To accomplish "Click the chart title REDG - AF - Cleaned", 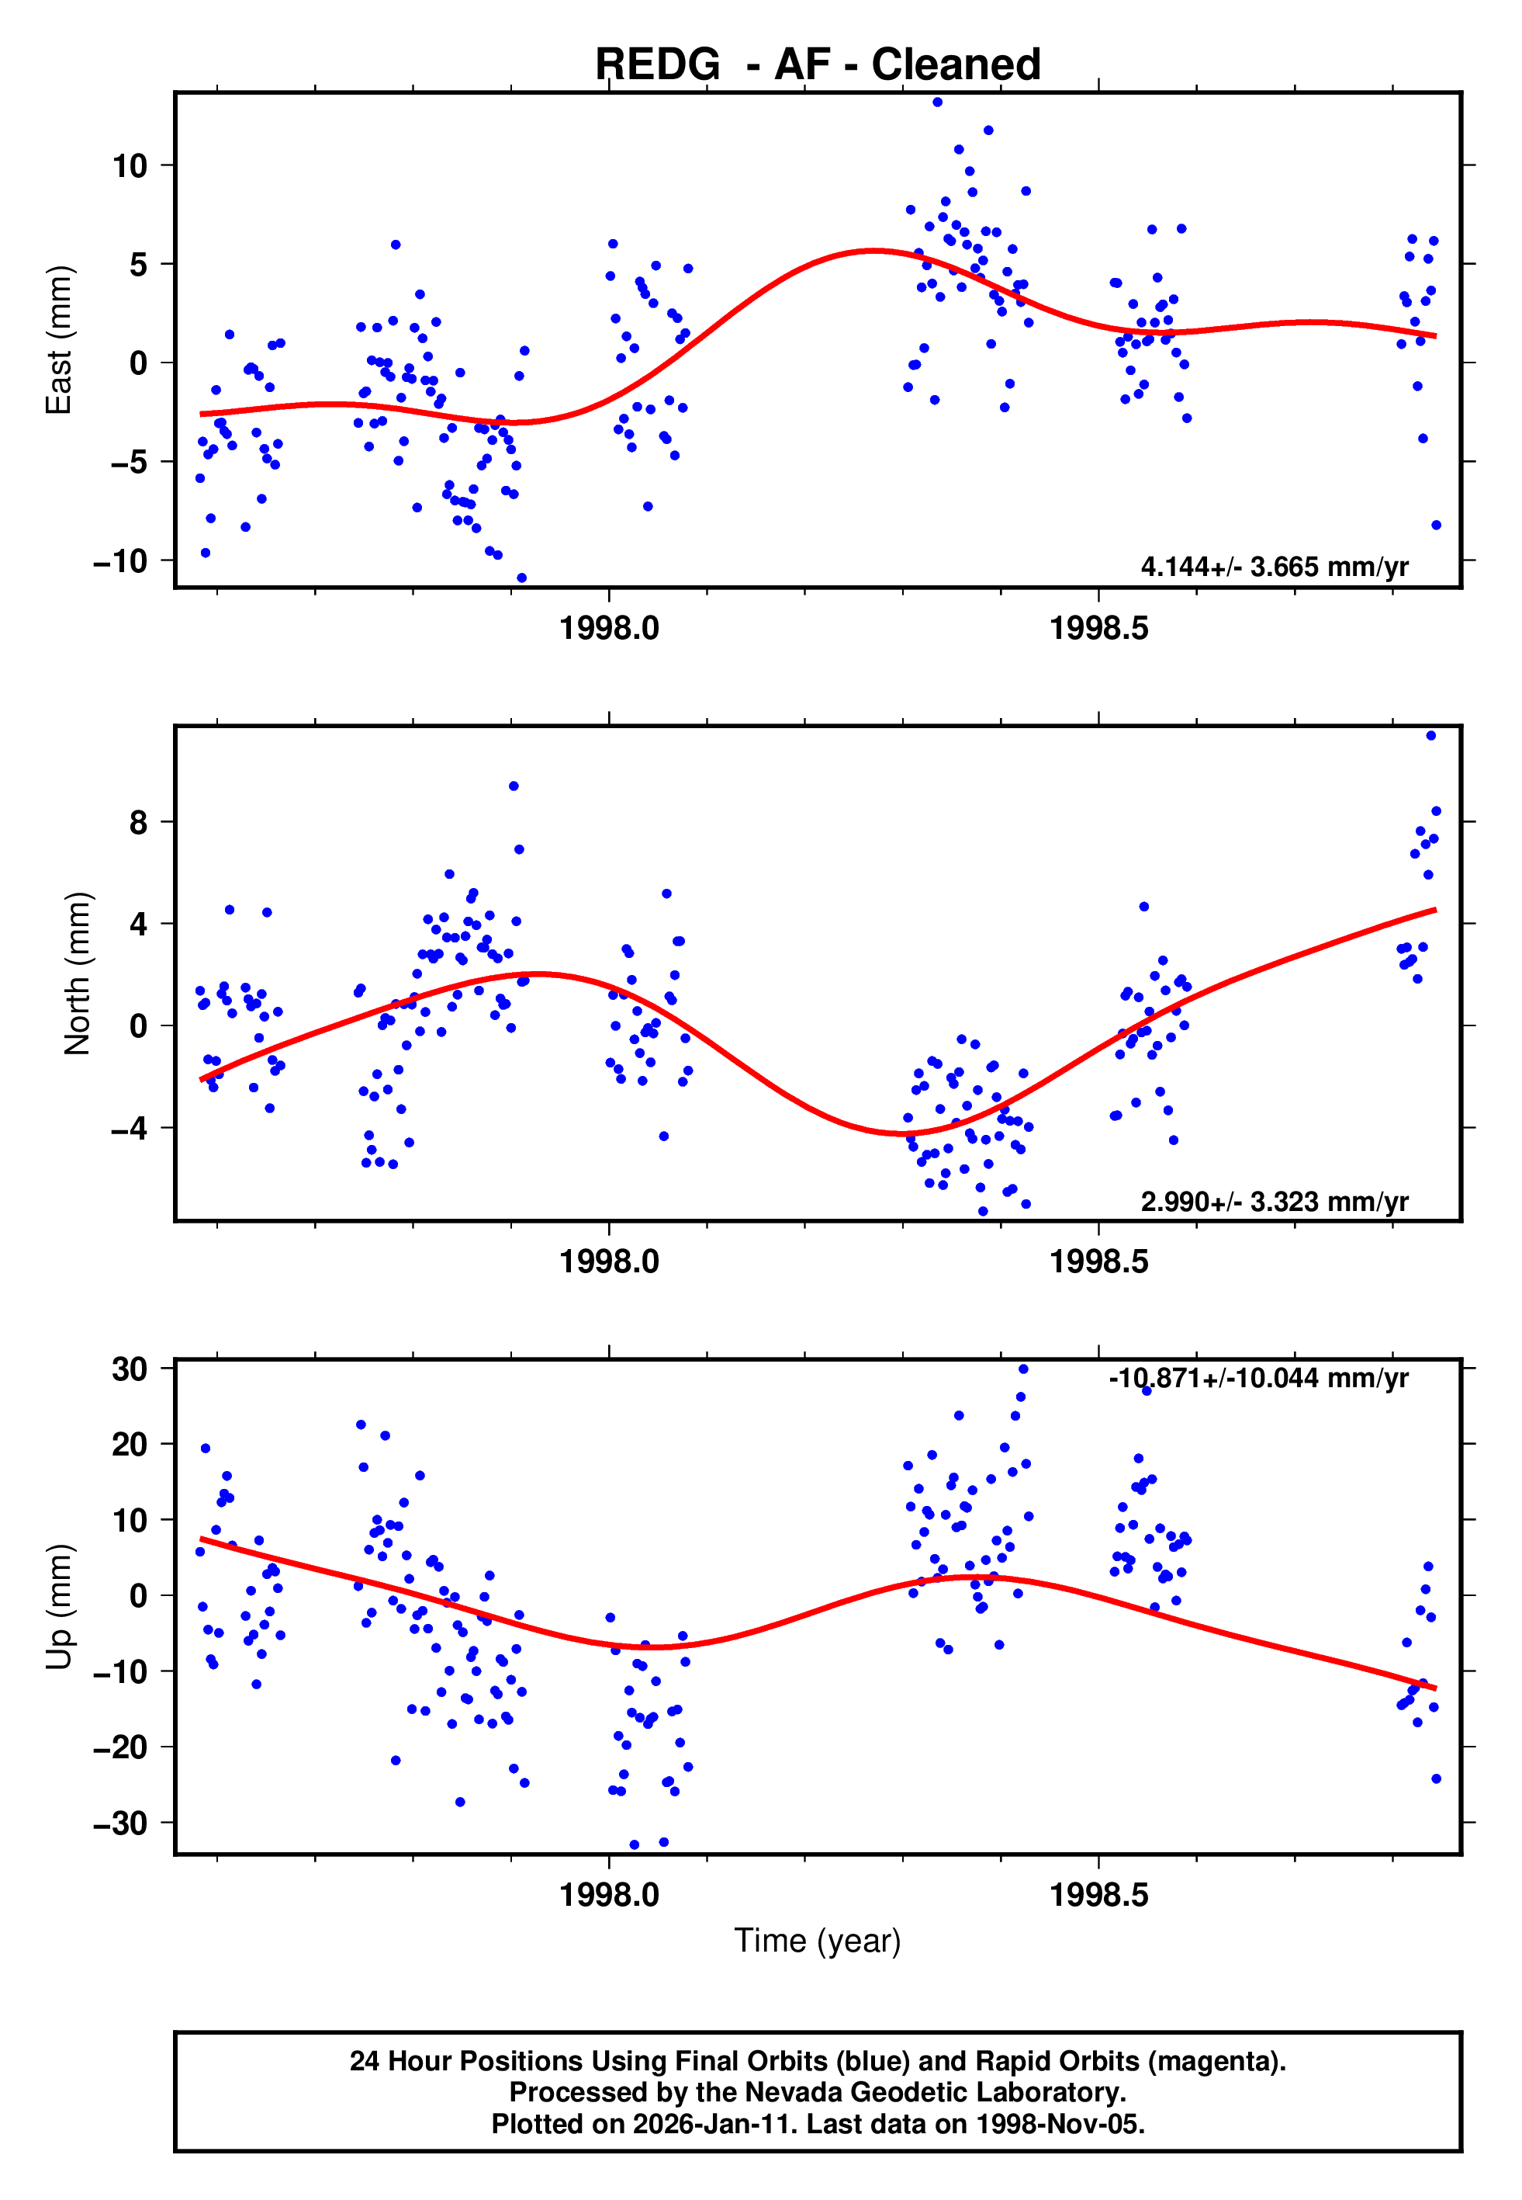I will pyautogui.click(x=818, y=65).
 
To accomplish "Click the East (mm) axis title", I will pyautogui.click(x=59, y=340).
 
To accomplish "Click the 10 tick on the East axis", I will pyautogui.click(x=130, y=166).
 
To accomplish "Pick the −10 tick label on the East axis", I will pyautogui.click(x=120, y=561).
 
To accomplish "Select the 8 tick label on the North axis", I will pyautogui.click(x=138, y=822).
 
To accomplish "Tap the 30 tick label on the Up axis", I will pyautogui.click(x=130, y=1369).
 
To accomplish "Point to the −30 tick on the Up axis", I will pyautogui.click(x=120, y=1824).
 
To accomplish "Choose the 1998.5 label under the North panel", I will pyautogui.click(x=1098, y=1262).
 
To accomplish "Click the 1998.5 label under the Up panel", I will pyautogui.click(x=1098, y=1895).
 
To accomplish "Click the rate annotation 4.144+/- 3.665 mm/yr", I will pyautogui.click(x=1274, y=567).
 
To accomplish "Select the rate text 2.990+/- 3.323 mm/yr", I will pyautogui.click(x=1274, y=1202).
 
